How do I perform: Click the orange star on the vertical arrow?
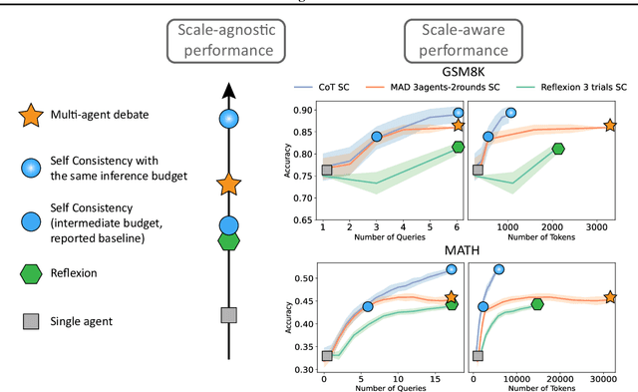click(228, 184)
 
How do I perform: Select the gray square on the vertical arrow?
click(228, 315)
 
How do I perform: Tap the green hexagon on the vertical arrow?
click(228, 240)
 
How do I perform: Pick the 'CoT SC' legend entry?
click(351, 88)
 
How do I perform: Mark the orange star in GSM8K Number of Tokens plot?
click(609, 126)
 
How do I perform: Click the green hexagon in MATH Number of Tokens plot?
click(537, 304)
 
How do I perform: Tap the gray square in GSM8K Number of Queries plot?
click(325, 171)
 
